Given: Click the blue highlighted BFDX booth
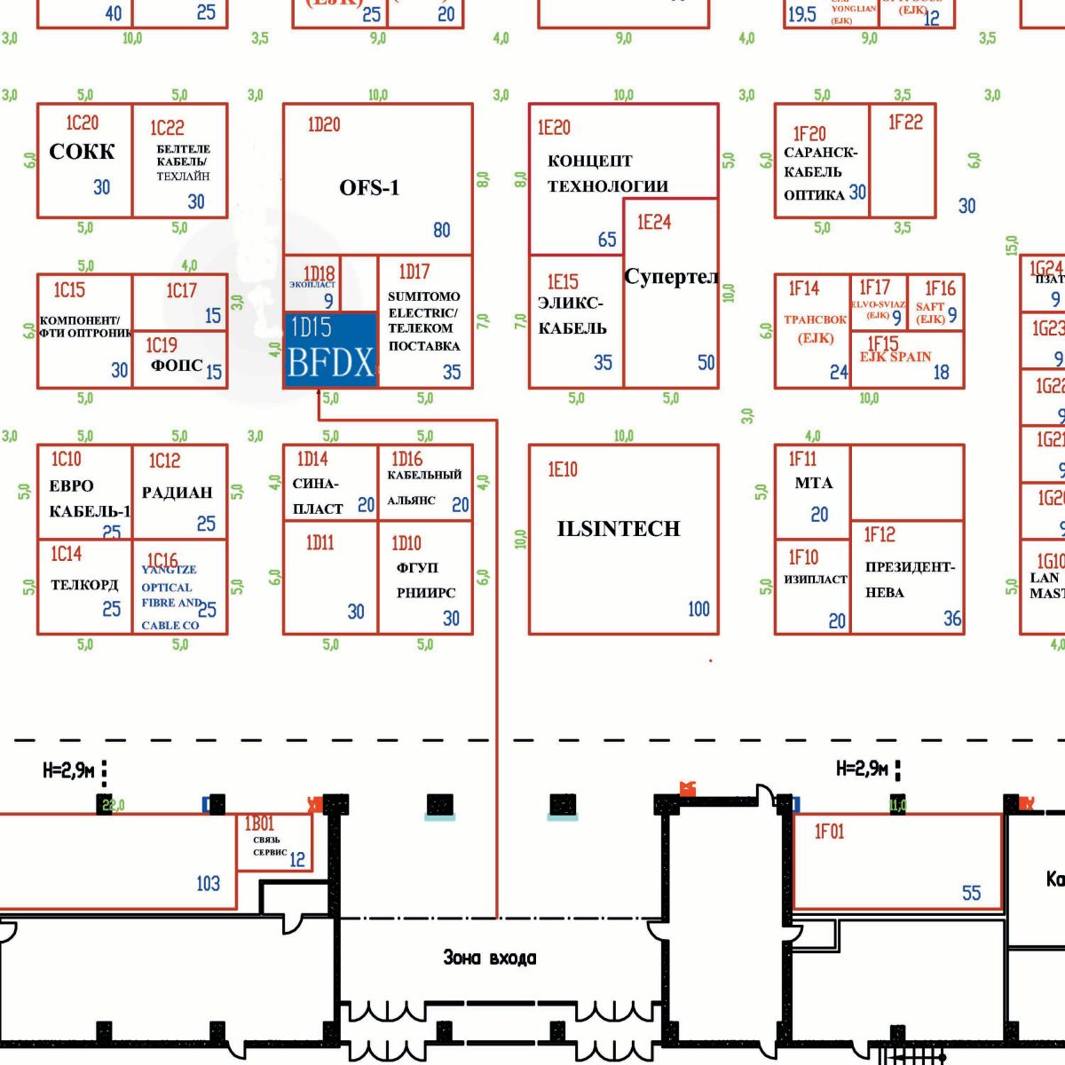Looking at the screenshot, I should click(x=330, y=349).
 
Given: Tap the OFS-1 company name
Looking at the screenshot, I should click(x=369, y=187).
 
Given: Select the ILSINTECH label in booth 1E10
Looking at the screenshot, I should click(x=619, y=529).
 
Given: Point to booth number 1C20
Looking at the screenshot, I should click(x=83, y=122).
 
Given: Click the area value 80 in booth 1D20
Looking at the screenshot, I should click(x=441, y=230).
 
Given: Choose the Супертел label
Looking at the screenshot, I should click(x=671, y=277).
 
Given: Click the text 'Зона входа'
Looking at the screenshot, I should click(x=490, y=958).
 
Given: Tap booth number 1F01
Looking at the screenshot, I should click(x=830, y=832).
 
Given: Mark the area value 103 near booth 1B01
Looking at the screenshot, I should click(x=208, y=883).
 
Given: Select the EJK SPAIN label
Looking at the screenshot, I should click(x=895, y=357).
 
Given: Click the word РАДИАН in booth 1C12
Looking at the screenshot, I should click(x=177, y=493).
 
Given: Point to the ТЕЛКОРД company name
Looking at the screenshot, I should click(x=84, y=585).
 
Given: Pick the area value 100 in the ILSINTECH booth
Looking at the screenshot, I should click(x=698, y=609).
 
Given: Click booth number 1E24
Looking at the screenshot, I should click(x=654, y=222).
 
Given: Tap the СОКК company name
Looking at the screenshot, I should click(x=82, y=152).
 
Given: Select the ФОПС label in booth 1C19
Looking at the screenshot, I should click(x=177, y=366).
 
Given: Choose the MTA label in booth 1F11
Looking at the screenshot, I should click(x=814, y=483).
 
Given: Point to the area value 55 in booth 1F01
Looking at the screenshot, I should click(x=972, y=893).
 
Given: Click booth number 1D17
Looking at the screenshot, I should click(x=414, y=272).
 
